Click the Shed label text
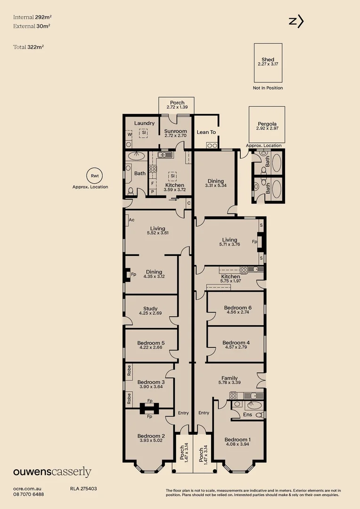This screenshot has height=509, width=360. coord(268,60)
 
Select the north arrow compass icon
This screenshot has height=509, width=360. coord(296,21)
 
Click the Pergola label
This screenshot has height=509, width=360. coord(267,124)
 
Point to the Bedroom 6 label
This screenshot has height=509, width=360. coord(237,308)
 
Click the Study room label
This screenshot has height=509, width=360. coord(150,309)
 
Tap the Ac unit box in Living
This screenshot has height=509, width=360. coord(131,220)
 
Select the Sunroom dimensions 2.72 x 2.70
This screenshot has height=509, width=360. coord(175,136)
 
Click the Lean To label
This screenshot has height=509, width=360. coord(206,132)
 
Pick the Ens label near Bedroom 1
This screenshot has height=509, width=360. coord(247,415)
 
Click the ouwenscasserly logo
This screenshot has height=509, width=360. coord(52,472)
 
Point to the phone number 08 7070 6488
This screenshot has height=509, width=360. coord(28,494)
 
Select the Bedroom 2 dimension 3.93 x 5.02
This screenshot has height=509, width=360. coord(151,441)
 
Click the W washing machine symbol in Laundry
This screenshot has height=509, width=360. coord(130,134)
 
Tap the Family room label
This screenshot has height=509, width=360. coord(229,378)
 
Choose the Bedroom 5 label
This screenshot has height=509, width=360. coord(151,343)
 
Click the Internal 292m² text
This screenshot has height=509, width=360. coord(32,16)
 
